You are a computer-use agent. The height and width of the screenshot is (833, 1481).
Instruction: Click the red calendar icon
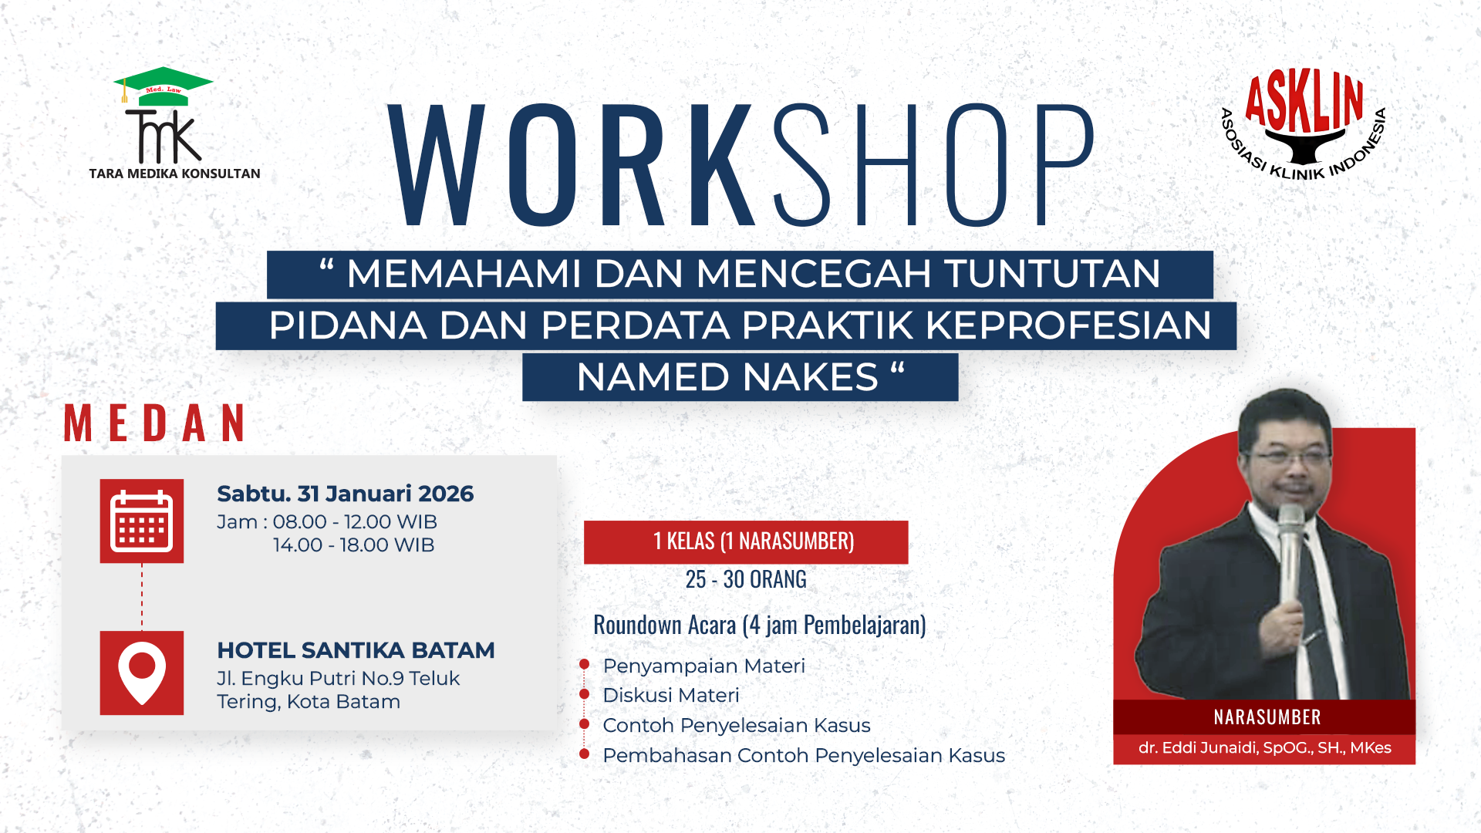pos(142,521)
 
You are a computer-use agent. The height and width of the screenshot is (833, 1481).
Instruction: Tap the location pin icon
pos(142,672)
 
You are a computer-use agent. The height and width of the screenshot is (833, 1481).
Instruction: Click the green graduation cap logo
pos(164,85)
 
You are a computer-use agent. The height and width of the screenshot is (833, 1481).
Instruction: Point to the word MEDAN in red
pos(155,423)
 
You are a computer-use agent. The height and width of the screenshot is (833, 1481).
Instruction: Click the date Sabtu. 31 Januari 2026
pos(345,494)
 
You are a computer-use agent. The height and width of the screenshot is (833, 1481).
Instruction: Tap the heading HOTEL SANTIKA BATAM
pos(356,650)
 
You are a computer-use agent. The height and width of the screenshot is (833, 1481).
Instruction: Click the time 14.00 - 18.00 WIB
pos(353,545)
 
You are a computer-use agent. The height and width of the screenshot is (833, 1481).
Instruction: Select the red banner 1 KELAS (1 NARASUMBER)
pos(745,541)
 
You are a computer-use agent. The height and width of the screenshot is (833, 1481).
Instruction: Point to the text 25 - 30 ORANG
pos(745,579)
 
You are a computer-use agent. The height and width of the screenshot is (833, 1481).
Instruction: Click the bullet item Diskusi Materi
pos(670,695)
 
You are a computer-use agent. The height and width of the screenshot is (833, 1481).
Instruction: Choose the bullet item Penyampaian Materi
pos(703,666)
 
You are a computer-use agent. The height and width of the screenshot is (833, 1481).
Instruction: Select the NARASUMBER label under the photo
pos(1267,717)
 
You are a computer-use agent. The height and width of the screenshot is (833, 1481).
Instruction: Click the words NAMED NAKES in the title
pos(727,377)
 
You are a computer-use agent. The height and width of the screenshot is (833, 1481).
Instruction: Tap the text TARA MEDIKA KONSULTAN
pos(174,174)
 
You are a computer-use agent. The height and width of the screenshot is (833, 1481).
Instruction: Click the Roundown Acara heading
pos(759,625)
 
